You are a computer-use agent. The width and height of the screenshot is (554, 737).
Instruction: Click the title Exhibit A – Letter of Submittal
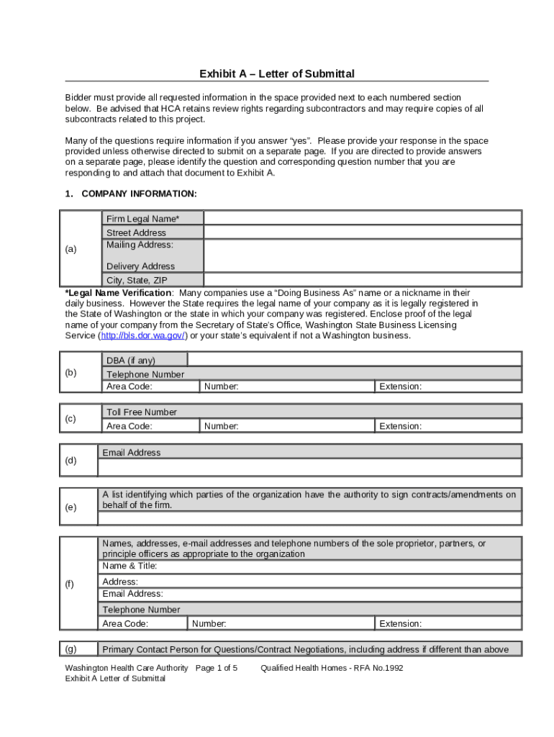(277, 74)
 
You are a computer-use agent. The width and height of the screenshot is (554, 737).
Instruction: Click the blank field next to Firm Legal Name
(363, 218)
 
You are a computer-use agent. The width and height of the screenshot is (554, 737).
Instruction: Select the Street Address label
(136, 232)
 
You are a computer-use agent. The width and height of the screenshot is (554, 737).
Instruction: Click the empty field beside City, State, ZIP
(363, 280)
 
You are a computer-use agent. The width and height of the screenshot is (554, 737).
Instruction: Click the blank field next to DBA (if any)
(354, 360)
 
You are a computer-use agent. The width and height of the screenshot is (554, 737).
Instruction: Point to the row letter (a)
(71, 249)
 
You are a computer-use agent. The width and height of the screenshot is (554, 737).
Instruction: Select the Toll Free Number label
(142, 412)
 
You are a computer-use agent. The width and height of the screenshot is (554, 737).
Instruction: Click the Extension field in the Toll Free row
(448, 426)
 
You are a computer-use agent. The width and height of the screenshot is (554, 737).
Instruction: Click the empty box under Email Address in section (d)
(309, 468)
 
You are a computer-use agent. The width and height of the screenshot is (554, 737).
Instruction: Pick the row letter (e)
(71, 507)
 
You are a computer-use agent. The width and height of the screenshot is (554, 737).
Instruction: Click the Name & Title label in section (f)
(130, 566)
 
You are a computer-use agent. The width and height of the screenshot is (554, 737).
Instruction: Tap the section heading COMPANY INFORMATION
(139, 194)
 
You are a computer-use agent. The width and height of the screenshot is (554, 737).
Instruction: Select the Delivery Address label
(140, 266)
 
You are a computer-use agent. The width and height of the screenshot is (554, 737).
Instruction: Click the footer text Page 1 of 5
(217, 668)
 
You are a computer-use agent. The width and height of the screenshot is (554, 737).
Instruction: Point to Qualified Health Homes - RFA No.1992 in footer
(332, 668)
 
